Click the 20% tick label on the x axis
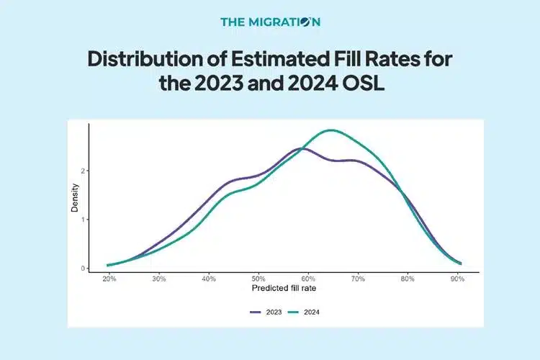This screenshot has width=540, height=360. click(x=109, y=279)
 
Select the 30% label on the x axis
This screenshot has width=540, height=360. click(x=159, y=279)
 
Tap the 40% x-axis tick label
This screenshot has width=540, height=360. click(x=209, y=279)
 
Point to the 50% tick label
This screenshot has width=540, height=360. click(x=259, y=279)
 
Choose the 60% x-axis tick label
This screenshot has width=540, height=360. click(x=309, y=279)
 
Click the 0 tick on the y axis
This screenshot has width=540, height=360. click(x=84, y=268)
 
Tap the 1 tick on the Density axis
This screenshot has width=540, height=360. click(x=84, y=220)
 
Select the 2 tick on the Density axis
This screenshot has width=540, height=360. click(x=84, y=171)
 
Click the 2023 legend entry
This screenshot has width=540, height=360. click(x=267, y=312)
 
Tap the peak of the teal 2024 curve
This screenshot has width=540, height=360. click(x=330, y=130)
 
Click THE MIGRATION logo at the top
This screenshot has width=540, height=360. click(x=270, y=22)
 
